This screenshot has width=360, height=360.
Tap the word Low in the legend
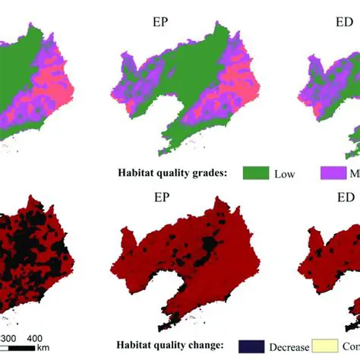(285, 174)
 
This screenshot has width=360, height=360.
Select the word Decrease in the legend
(289, 346)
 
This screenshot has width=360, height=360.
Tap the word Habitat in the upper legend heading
(136, 172)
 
